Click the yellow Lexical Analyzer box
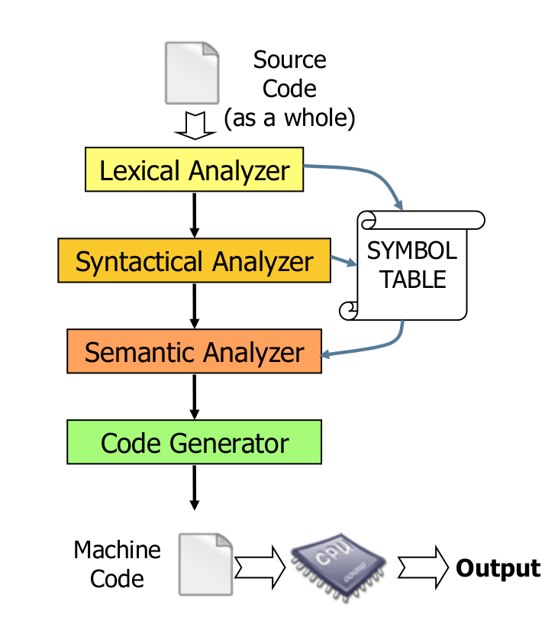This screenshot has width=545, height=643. [194, 170]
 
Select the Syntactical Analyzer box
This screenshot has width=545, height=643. [194, 260]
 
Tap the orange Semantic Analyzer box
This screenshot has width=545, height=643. [194, 351]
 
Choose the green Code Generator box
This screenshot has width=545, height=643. [194, 442]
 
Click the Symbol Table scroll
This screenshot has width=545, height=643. [412, 265]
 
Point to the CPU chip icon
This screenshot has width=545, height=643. [338, 567]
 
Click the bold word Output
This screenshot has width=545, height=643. [498, 568]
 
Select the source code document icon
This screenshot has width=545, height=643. [192, 73]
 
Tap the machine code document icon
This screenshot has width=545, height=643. [205, 564]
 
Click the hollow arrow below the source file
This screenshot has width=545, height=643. [195, 125]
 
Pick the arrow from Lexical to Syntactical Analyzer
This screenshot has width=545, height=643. [195, 215]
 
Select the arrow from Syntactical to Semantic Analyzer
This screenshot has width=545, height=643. [195, 306]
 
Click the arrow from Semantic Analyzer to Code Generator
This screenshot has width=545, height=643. [195, 396]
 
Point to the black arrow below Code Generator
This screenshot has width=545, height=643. [195, 487]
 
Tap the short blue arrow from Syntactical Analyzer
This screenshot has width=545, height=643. [343, 261]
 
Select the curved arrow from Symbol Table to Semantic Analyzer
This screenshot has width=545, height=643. [377, 347]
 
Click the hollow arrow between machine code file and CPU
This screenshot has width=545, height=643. [260, 568]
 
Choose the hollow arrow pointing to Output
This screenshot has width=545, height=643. [423, 568]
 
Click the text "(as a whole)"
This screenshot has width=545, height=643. [290, 118]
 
